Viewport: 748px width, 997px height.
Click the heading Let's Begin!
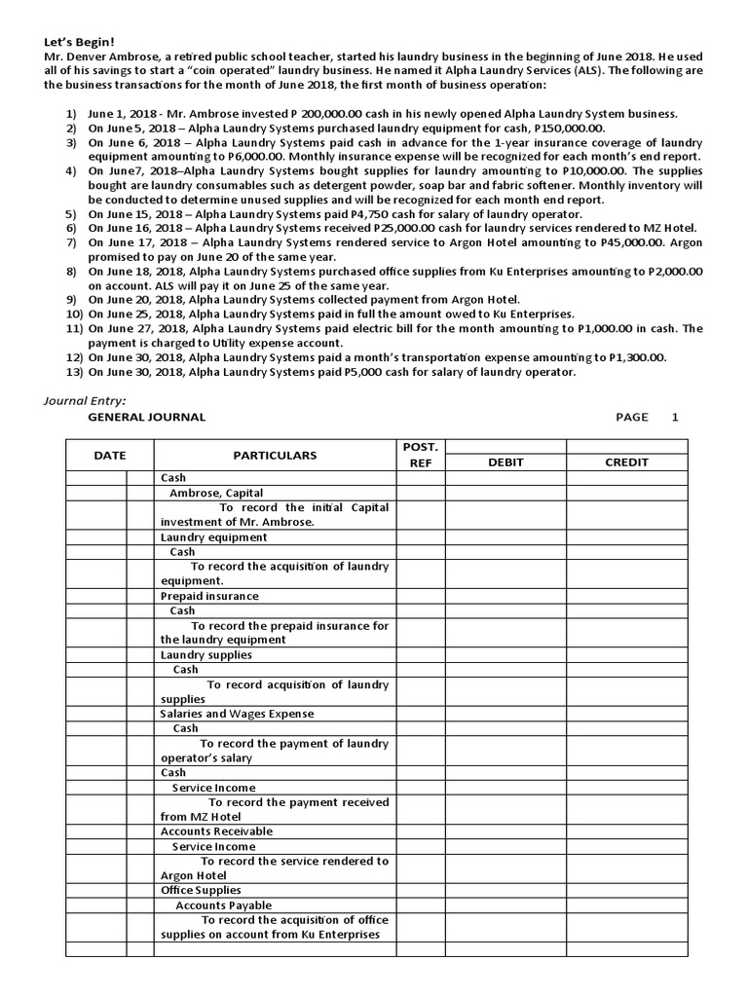(x=79, y=42)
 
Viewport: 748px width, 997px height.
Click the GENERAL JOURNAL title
(x=146, y=417)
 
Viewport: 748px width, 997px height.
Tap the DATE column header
(x=109, y=455)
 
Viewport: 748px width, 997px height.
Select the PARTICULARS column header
(x=275, y=455)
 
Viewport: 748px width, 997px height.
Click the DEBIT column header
(x=505, y=462)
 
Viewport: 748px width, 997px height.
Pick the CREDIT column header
(x=626, y=462)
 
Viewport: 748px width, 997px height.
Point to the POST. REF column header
(x=420, y=455)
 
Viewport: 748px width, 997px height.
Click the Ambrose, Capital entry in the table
(x=216, y=493)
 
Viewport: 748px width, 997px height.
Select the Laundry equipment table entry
(x=213, y=536)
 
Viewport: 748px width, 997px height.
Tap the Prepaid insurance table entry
(x=209, y=596)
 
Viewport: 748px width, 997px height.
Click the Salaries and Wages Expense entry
(x=237, y=714)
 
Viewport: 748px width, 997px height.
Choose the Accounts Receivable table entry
(x=216, y=831)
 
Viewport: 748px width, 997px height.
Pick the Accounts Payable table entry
(x=223, y=905)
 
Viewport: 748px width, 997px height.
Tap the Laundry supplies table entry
(x=206, y=654)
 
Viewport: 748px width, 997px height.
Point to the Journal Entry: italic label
(x=85, y=399)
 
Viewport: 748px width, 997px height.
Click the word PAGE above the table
(x=632, y=417)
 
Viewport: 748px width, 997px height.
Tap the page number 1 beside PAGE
(x=674, y=417)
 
